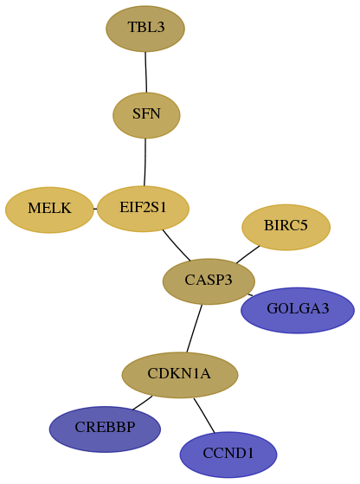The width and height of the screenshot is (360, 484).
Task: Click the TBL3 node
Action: [145, 29]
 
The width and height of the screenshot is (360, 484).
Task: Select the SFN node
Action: [146, 115]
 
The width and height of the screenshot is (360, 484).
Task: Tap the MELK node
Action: [49, 210]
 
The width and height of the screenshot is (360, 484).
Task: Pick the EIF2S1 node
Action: [143, 209]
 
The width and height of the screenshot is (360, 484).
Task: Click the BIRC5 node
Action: [286, 227]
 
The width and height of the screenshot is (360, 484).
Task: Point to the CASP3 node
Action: [209, 281]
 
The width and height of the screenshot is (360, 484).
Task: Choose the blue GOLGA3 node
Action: [298, 310]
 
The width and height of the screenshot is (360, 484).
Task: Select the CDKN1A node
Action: [180, 375]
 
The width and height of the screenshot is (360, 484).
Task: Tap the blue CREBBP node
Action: [105, 429]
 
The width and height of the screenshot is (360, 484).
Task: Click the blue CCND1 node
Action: [228, 455]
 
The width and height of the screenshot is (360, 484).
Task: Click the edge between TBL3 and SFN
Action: [146, 72]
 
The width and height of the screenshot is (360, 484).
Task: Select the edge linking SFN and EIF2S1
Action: [145, 163]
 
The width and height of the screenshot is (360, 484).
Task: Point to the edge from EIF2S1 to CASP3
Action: [176, 246]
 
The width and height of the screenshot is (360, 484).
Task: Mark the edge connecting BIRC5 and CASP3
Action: [247, 255]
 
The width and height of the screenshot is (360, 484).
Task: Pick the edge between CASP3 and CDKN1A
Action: [195, 328]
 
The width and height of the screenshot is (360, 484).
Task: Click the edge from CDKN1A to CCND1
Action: [204, 416]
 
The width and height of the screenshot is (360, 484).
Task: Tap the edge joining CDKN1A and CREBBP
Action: [143, 403]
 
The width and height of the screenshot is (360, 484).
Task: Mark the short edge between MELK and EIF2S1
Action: [95, 209]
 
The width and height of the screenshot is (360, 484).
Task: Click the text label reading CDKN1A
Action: [179, 373]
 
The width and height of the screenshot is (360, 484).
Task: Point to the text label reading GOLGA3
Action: [298, 309]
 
